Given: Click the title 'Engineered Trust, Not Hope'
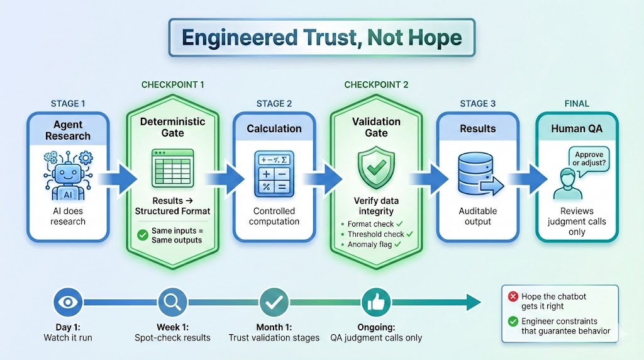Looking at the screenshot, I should point(321,37).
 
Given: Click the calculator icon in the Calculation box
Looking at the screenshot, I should point(274,172).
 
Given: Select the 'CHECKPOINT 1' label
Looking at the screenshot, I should point(172,84).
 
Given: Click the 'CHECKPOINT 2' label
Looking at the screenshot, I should point(376,84).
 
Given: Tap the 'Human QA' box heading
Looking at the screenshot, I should point(577,128).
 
